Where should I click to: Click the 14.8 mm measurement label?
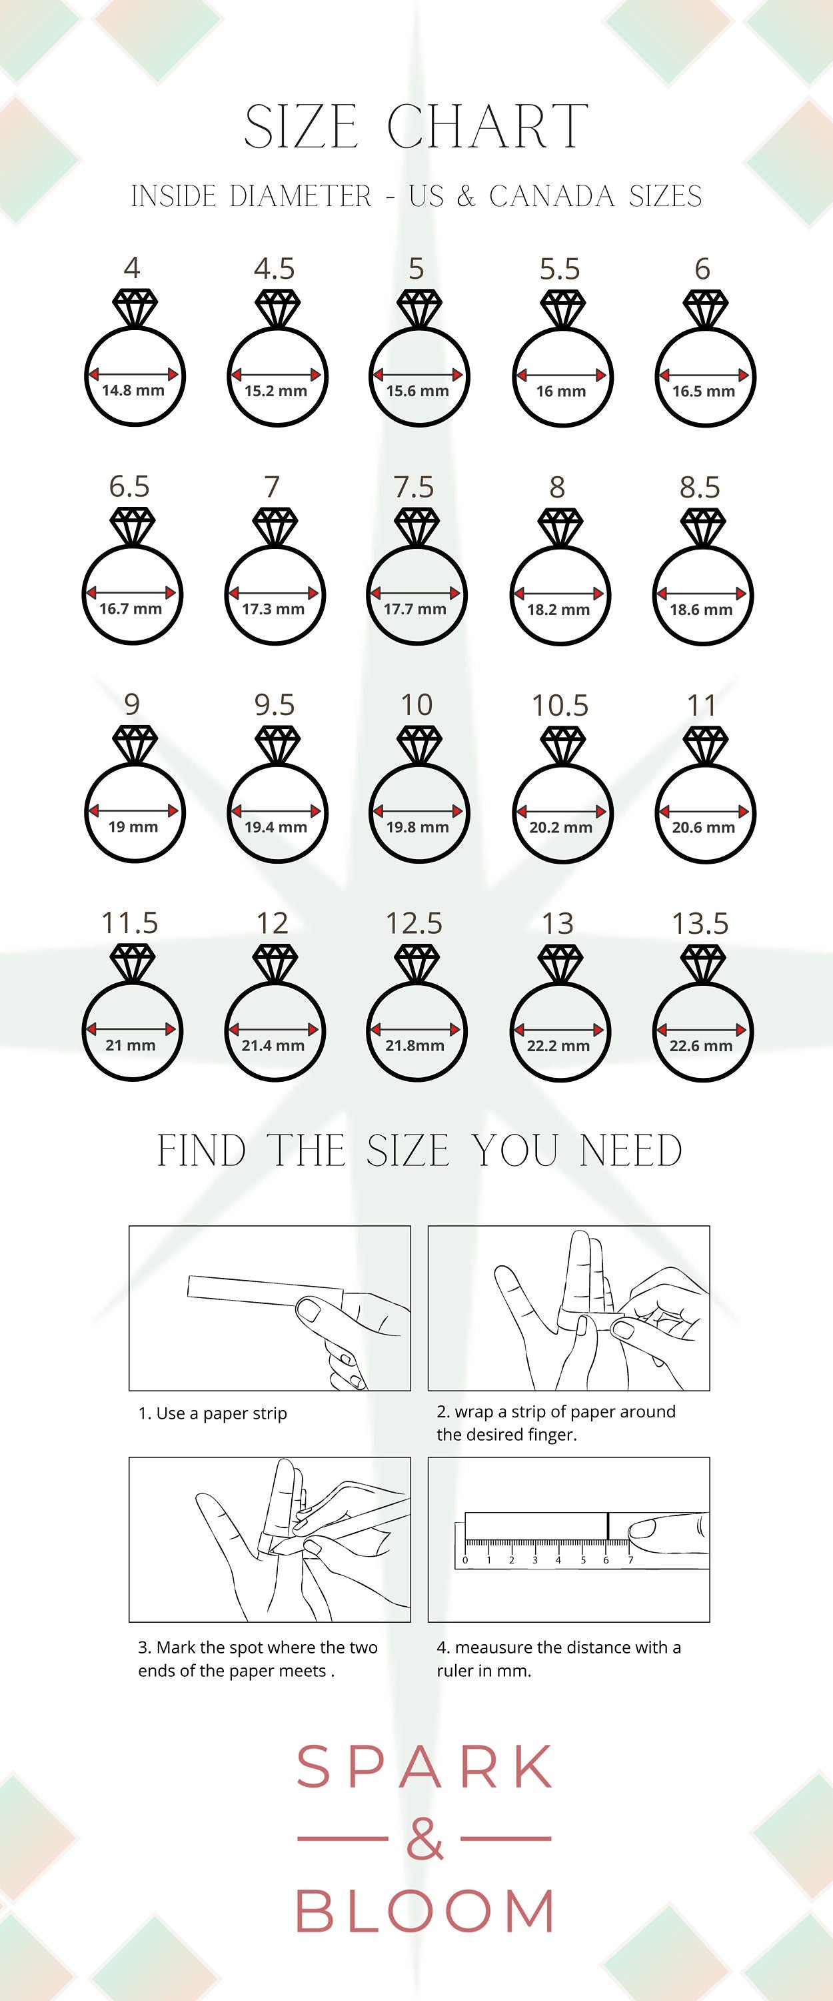click(133, 390)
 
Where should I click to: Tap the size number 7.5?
click(414, 487)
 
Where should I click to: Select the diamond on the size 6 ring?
click(705, 307)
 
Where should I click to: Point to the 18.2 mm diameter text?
click(559, 610)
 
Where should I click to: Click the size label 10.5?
click(560, 705)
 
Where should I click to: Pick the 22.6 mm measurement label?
click(701, 1046)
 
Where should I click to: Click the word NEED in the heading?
click(631, 1151)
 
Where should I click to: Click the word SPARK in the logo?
click(425, 1766)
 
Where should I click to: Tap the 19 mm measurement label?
click(133, 826)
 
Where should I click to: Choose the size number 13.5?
click(700, 924)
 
